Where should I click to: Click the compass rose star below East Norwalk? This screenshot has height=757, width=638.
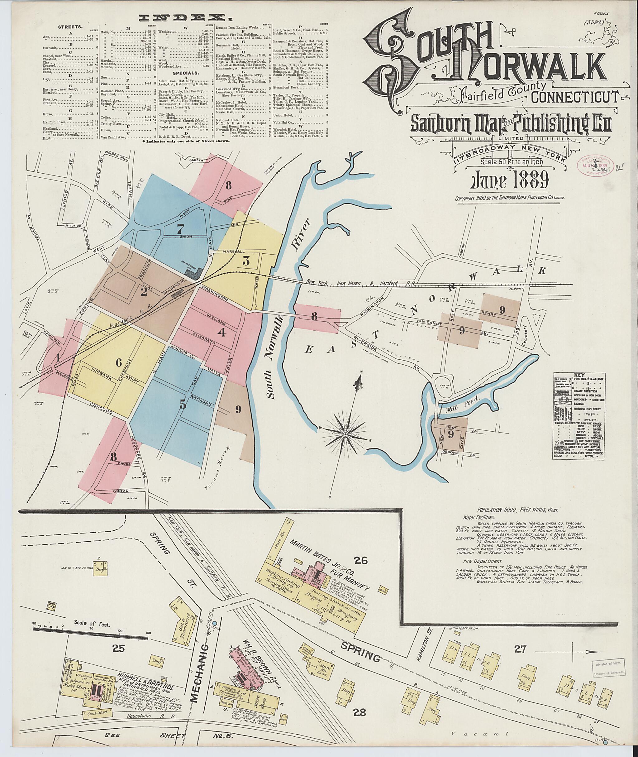coord(345,433)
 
